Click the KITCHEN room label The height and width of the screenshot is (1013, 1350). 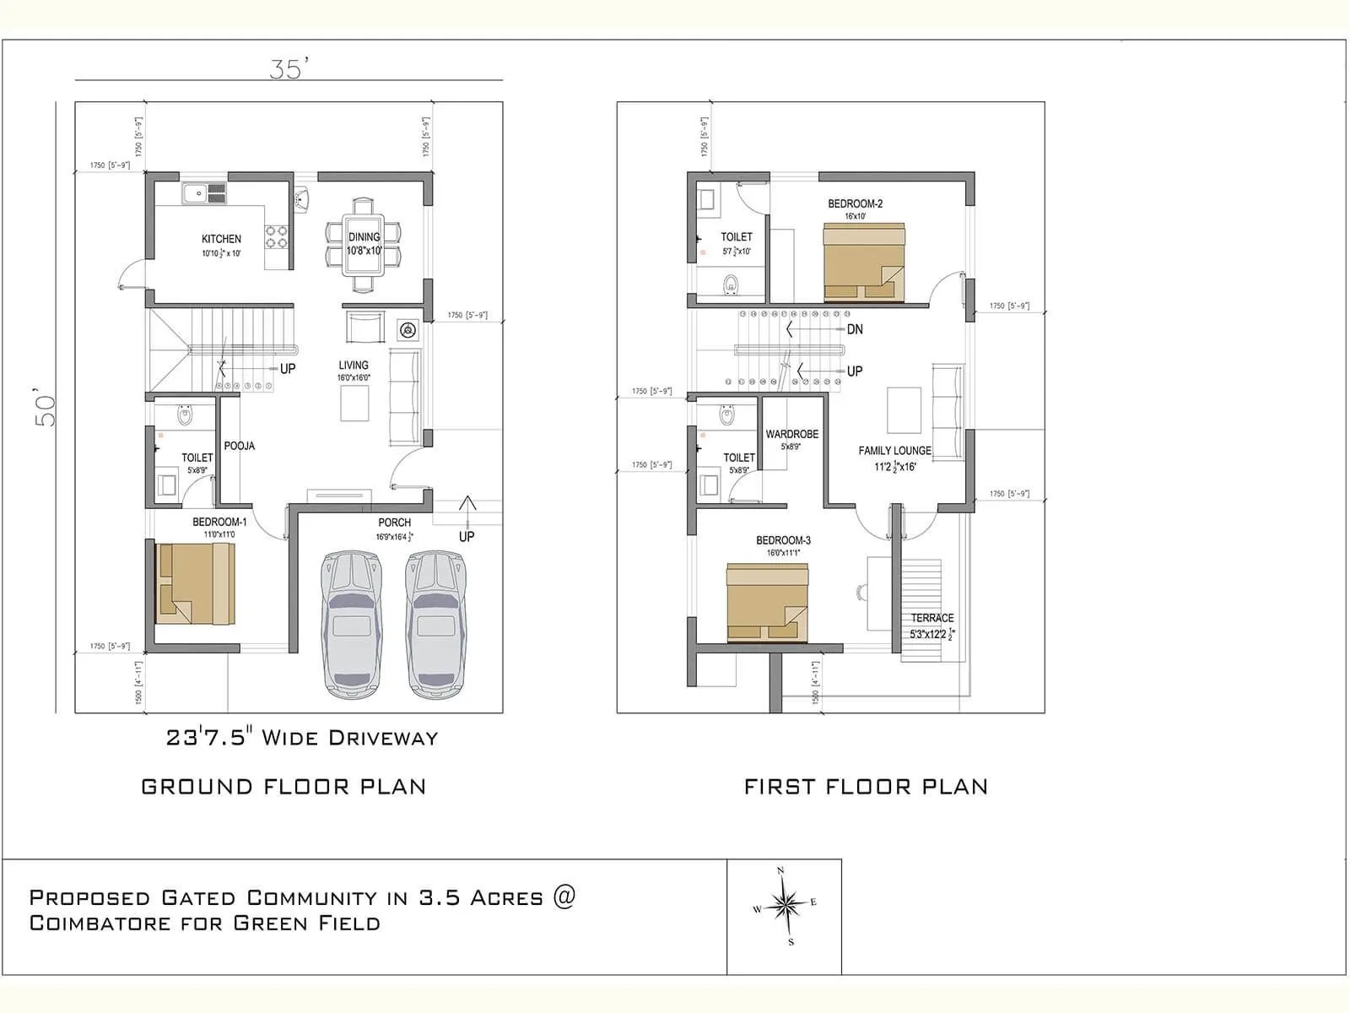pyautogui.click(x=221, y=239)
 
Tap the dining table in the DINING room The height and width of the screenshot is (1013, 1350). pyautogui.click(x=364, y=245)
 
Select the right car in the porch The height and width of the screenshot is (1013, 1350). pyautogui.click(x=435, y=625)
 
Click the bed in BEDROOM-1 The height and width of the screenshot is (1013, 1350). pyautogui.click(x=195, y=583)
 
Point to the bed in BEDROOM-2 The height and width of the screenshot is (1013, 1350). pyautogui.click(x=863, y=263)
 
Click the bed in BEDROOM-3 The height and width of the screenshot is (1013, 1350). pyautogui.click(x=767, y=603)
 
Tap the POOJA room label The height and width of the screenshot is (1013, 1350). pyautogui.click(x=240, y=446)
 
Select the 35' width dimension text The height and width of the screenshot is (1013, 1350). pyautogui.click(x=285, y=68)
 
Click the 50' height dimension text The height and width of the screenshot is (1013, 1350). pyautogui.click(x=46, y=408)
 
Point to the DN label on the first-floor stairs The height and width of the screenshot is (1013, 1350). pyautogui.click(x=855, y=329)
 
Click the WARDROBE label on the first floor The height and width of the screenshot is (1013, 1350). pyautogui.click(x=791, y=434)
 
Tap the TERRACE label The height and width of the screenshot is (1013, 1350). pyautogui.click(x=931, y=618)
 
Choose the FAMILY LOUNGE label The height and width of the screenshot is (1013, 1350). pyautogui.click(x=894, y=451)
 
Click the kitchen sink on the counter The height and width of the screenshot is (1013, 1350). pyautogui.click(x=203, y=193)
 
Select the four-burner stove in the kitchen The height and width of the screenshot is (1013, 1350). pyautogui.click(x=277, y=236)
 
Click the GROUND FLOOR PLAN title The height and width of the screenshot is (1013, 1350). pyautogui.click(x=283, y=787)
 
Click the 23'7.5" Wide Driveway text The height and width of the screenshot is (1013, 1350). pyautogui.click(x=302, y=738)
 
